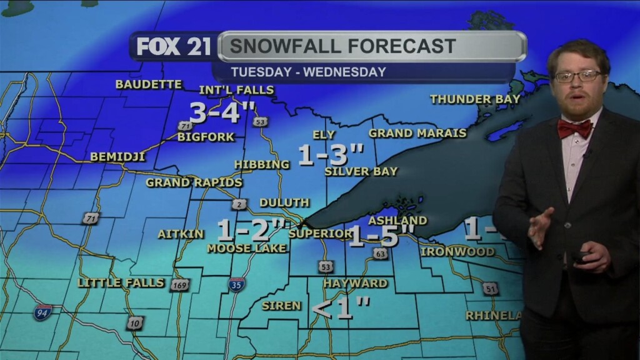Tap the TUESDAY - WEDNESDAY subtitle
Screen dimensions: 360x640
308,72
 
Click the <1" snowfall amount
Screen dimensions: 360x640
341,309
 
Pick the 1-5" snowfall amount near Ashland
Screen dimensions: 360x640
381,237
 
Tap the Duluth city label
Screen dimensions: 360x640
284,202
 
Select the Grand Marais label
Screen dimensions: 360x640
417,133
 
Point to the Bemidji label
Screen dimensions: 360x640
117,157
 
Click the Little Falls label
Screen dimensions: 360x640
121,283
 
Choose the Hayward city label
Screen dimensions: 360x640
355,283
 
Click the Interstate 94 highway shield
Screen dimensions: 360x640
43,312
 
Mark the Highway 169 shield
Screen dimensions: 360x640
179,285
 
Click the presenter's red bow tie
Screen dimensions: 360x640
574,129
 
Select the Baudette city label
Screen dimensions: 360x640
149,84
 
